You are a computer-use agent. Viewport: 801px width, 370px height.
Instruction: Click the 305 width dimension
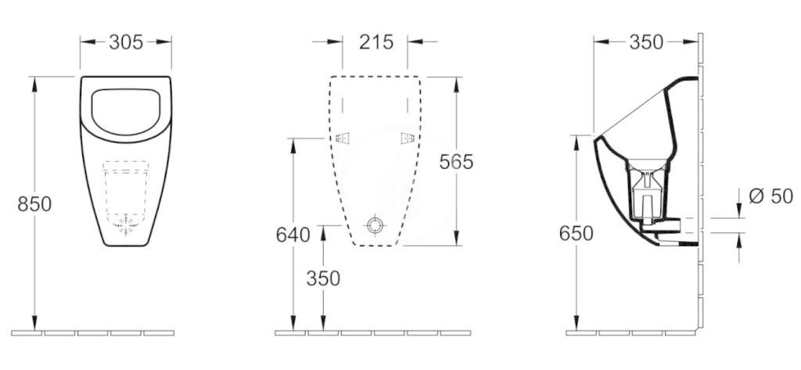126,42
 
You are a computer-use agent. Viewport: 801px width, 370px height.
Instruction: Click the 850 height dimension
34,204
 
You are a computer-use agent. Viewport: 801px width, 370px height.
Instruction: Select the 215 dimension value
376,42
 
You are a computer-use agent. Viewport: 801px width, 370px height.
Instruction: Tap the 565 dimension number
456,161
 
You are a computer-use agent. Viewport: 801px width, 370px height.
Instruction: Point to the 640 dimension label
293,235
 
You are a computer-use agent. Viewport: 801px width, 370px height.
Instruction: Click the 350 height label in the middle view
323,278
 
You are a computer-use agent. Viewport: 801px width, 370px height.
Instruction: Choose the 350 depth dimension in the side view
645,42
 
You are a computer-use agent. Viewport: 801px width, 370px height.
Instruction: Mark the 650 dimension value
577,234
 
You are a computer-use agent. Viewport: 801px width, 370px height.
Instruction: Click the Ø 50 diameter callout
770,196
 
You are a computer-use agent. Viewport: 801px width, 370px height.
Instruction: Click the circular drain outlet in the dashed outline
375,225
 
